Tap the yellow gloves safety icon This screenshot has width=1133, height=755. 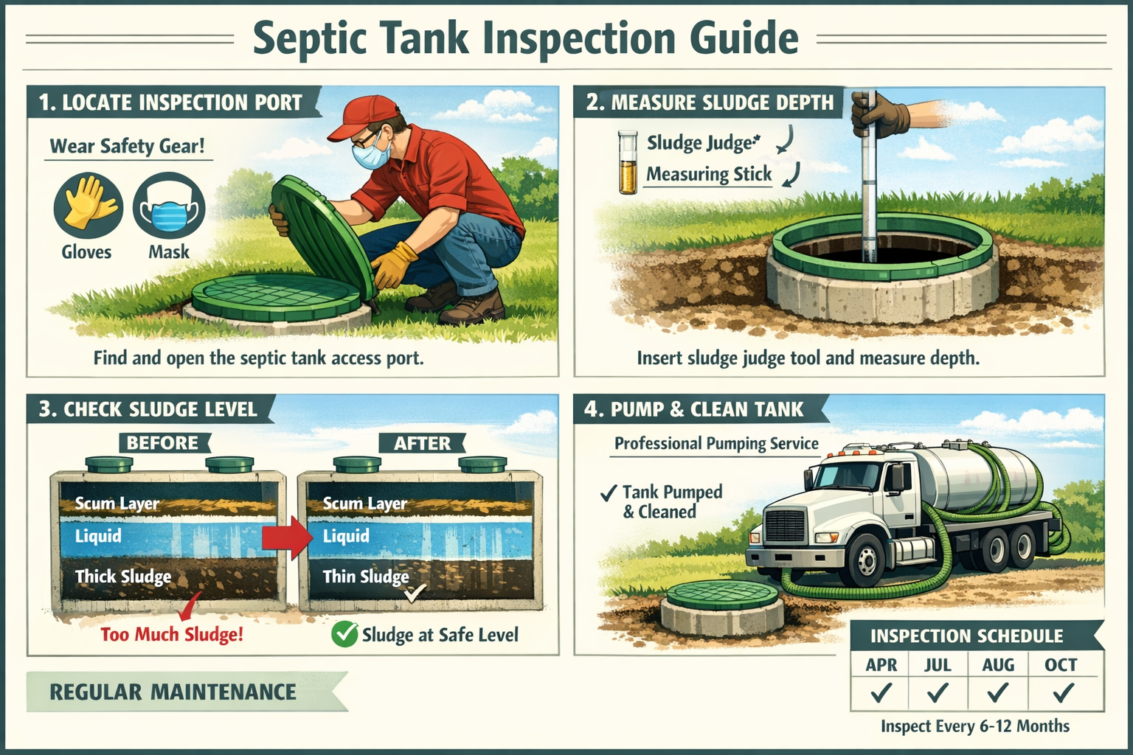pos(87,204)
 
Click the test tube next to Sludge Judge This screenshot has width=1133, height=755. pos(628,162)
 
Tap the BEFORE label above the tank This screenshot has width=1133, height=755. pos(163,443)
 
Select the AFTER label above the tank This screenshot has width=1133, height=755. pos(422,443)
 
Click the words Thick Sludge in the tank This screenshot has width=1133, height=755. pos(123,577)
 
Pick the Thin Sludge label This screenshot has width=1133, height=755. pos(366,577)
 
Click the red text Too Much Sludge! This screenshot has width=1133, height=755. pos(172,634)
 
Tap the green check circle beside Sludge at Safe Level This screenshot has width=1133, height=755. pos(344,634)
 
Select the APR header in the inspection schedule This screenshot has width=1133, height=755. pos(881,665)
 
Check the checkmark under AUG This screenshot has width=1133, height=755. pos(997,693)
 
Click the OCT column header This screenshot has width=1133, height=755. pos(1061,665)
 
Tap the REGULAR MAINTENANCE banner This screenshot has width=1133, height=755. pos(173,692)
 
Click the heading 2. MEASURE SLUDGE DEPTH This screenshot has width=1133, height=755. pos(710,102)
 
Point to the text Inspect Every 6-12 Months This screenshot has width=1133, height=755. pos(974,726)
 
